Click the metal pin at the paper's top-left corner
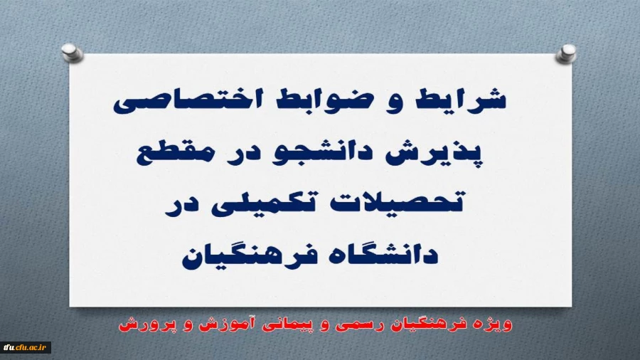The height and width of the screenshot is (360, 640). [70, 51]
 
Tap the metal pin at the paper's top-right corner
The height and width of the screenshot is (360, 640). [567, 51]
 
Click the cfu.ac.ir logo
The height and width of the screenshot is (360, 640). [26, 347]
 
